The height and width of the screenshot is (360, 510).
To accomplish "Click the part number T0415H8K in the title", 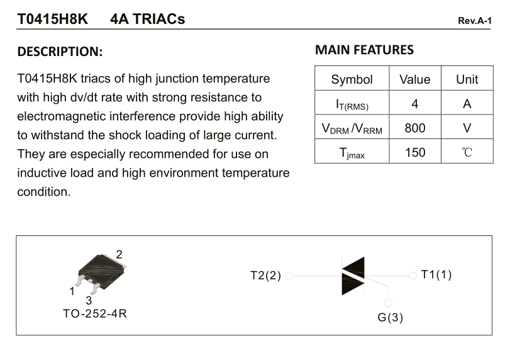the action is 52,19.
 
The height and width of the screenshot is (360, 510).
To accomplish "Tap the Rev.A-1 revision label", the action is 475,21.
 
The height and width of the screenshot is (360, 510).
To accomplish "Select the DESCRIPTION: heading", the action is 60,52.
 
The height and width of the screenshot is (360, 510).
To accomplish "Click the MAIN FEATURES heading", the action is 364,50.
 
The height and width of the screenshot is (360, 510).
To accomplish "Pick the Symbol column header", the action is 352,79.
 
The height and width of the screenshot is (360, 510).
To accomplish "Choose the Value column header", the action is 414,79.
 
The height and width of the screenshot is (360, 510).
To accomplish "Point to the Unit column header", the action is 467,79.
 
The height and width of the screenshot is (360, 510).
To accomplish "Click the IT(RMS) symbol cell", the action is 352,104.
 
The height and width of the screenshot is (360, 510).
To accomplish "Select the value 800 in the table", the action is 414,128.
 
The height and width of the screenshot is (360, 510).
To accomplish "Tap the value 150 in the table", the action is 414,152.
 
